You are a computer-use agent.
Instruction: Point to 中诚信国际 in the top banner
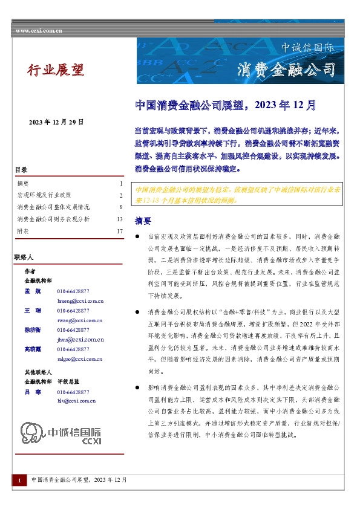point(307,47)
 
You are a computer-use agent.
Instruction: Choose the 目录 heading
point(21,170)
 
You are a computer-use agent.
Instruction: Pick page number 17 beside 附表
point(120,231)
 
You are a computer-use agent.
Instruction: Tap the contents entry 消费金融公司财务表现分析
point(54,219)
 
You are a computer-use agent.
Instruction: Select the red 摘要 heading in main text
point(143,220)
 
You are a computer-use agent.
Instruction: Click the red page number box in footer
point(19,480)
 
